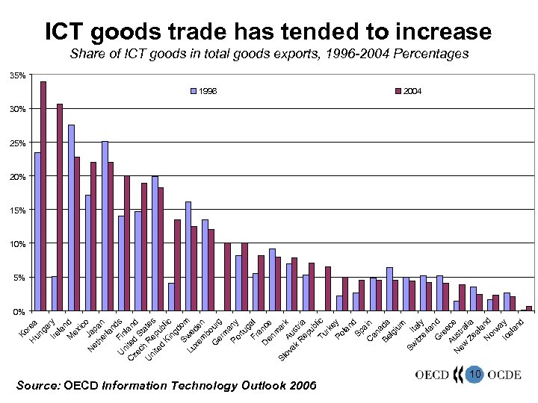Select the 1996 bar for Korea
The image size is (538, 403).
click(x=37, y=231)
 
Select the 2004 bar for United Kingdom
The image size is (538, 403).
click(x=177, y=265)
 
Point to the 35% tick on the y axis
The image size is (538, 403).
click(x=17, y=75)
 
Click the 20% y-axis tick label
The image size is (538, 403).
click(x=17, y=177)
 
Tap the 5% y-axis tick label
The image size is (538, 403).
click(x=19, y=278)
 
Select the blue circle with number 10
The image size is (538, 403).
click(x=472, y=372)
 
